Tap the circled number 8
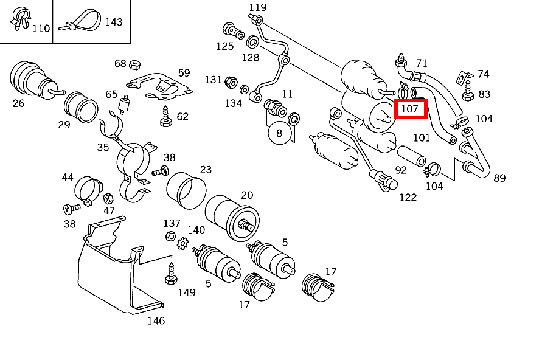tap(279, 133)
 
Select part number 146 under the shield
tap(156, 320)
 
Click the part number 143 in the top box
tap(114, 22)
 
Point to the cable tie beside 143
tap(79, 22)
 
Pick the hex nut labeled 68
tap(136, 63)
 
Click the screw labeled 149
tap(170, 274)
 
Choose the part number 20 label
tap(247, 195)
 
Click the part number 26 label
tap(18, 103)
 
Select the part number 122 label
tap(408, 197)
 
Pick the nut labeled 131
tap(231, 81)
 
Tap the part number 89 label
tap(499, 178)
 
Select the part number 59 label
tap(184, 73)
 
